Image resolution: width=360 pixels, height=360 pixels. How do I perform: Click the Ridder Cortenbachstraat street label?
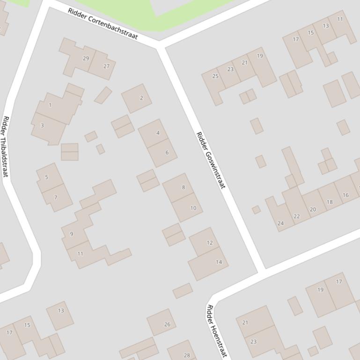pos(103,23)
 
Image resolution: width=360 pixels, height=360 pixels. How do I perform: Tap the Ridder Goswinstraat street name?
pos(210,160)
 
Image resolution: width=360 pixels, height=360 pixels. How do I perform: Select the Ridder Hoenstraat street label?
pos(216,331)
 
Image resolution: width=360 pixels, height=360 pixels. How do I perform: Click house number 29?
pos(86,58)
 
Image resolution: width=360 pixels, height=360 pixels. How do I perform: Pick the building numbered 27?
pos(106,66)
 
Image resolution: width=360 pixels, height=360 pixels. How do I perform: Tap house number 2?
pos(141,98)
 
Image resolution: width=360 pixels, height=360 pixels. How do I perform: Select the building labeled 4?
pos(158,133)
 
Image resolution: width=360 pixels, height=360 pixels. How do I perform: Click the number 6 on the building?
pos(167,152)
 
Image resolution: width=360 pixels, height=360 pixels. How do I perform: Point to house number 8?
pos(184,187)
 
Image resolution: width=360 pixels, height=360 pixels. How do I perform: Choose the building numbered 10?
pos(193,208)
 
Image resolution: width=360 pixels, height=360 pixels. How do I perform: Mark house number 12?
pos(209,243)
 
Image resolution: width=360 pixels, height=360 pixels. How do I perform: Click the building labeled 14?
pos(219,262)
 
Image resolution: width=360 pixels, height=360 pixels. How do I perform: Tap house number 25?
pos(215,76)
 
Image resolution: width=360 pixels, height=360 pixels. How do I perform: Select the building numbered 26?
pos(167,324)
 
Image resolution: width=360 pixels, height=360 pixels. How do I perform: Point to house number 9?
pos(72,234)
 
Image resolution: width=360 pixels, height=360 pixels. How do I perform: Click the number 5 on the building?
pos(46,177)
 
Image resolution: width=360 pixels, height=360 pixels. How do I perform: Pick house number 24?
pos(280,223)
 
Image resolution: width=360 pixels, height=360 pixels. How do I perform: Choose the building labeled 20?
pos(313,209)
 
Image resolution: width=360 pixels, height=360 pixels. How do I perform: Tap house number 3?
pos(42,125)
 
